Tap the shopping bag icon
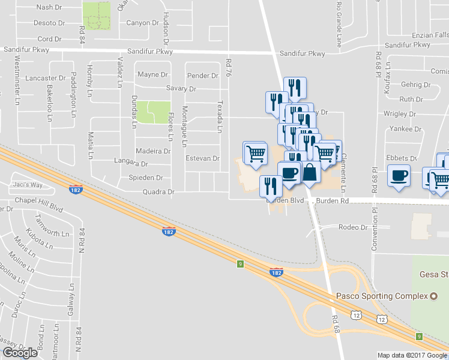coord(310,172)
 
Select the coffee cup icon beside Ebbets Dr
coord(399,176)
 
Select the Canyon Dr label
coord(142,23)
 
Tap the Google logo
coord(20,353)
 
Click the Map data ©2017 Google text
coord(412,355)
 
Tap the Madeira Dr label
coord(153,151)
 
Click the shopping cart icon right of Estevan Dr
coord(256,154)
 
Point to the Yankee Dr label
coord(405,129)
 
